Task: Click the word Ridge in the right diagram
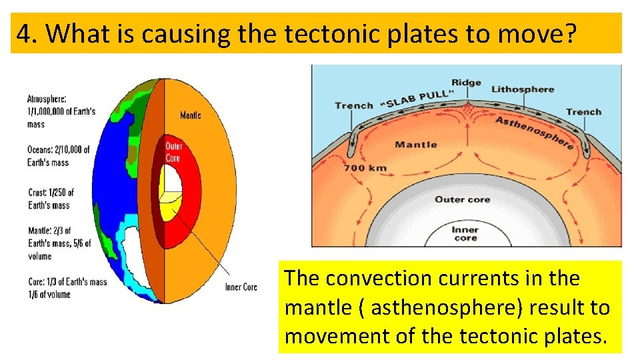coord(466,83)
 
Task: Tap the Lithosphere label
coord(523,89)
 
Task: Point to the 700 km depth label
coord(365,168)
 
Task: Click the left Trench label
coord(353,105)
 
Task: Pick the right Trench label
coord(583,112)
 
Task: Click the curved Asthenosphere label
coord(534,133)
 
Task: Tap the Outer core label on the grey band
coord(462,199)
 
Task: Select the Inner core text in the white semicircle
coord(465,233)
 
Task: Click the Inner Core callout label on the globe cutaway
coord(241,287)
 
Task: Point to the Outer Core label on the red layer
coord(174,151)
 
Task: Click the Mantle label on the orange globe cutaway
coord(190,115)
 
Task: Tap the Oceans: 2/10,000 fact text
coord(58,155)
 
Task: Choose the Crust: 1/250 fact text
coord(50,199)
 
